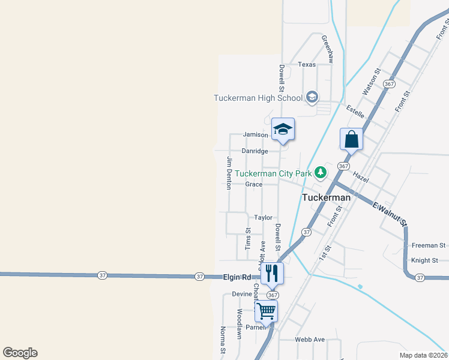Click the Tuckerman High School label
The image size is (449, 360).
(259, 98)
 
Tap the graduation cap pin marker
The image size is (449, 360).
(283, 130)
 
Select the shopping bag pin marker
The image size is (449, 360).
(351, 140)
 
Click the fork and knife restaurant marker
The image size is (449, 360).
(271, 273)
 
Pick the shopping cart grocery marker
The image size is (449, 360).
(266, 311)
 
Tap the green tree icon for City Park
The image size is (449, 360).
(321, 173)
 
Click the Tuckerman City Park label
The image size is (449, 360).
(273, 174)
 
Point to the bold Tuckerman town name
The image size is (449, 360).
(326, 197)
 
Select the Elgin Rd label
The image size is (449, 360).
(237, 278)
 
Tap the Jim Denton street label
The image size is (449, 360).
(229, 173)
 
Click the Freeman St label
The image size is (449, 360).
(429, 245)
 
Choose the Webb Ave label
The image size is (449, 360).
(310, 340)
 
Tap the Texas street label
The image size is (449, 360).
(307, 64)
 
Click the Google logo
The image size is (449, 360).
(20, 353)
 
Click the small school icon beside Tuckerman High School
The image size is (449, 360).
(312, 97)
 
